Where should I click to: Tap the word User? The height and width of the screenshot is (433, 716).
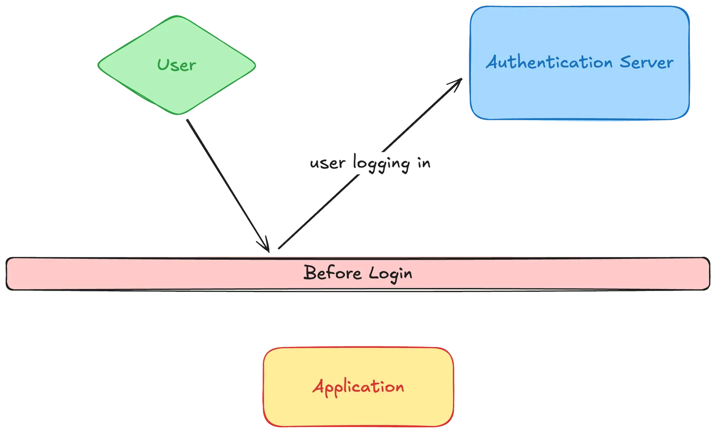tap(177, 65)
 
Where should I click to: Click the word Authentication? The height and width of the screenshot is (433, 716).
tap(549, 63)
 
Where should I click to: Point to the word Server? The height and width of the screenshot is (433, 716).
tap(646, 63)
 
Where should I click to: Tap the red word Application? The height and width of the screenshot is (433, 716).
tap(358, 387)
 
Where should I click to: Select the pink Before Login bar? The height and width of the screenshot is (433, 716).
tap(140, 274)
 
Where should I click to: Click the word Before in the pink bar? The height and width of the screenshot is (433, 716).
tap(332, 273)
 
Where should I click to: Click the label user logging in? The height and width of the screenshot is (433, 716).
tap(371, 163)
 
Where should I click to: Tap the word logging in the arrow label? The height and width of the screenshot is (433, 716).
tap(381, 164)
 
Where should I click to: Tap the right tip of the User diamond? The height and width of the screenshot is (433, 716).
tap(256, 65)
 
